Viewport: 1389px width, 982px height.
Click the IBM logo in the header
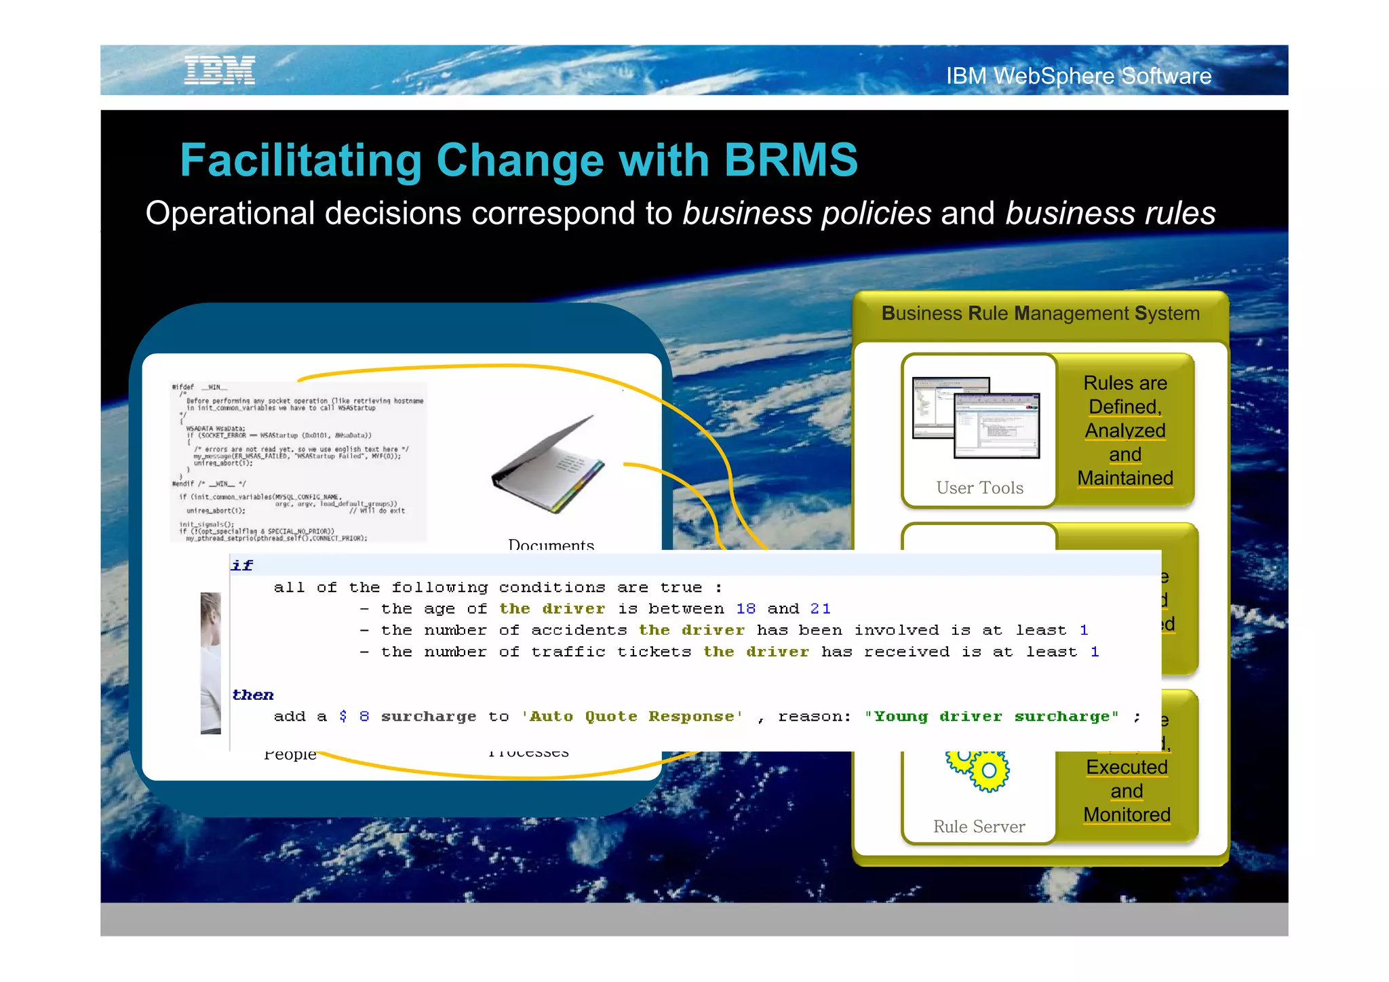(220, 71)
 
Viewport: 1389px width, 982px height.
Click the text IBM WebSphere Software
(1078, 76)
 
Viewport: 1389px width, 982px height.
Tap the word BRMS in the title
(790, 161)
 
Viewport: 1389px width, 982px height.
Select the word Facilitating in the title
(301, 161)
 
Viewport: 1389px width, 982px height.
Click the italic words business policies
(806, 214)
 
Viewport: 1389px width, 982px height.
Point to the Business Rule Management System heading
(1040, 313)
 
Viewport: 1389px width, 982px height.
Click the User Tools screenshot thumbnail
(976, 418)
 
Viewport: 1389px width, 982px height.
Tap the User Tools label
(979, 488)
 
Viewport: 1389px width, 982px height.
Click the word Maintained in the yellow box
(1124, 478)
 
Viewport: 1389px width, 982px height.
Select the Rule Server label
(979, 827)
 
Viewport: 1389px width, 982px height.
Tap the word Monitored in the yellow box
(1127, 814)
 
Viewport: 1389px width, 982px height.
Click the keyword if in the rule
(241, 566)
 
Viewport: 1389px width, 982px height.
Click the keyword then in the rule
(252, 695)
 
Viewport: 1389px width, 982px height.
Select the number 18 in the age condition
(745, 609)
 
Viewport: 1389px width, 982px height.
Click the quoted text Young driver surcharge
(991, 717)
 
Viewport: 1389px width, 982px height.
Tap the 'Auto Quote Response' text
(632, 717)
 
